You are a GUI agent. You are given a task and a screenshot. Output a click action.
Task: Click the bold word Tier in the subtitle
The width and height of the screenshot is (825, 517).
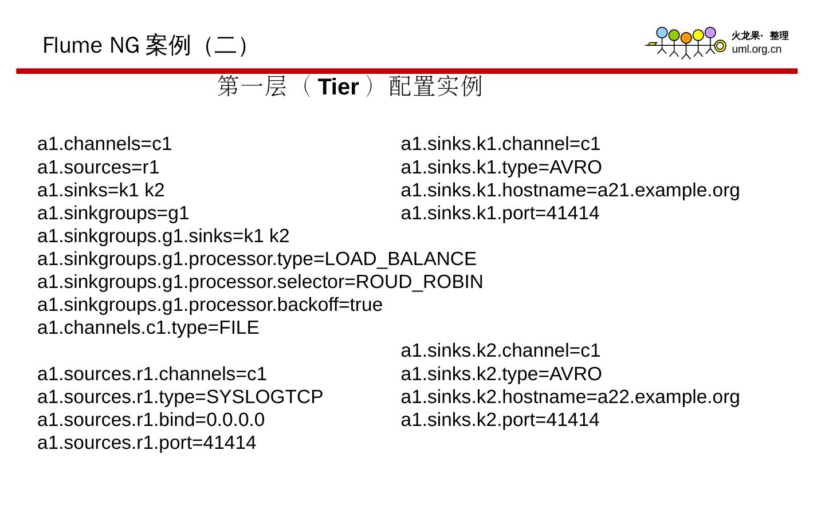(x=338, y=87)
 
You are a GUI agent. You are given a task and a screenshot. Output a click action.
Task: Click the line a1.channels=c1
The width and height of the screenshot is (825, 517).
(x=104, y=144)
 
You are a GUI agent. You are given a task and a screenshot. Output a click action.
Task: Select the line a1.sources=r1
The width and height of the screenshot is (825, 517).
(x=98, y=167)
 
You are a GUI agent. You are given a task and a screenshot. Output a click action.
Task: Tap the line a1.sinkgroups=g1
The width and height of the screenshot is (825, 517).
(x=113, y=213)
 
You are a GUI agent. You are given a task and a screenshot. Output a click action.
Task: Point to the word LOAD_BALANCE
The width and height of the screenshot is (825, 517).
(x=400, y=259)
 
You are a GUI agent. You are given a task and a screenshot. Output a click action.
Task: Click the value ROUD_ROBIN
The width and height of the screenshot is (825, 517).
(x=419, y=282)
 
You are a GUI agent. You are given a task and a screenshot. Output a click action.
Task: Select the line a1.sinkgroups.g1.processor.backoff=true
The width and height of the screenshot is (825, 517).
(x=210, y=305)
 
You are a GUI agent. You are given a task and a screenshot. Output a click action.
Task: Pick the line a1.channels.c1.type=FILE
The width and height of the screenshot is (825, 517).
(x=148, y=327)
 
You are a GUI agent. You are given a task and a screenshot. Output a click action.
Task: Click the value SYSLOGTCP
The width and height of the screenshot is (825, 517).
(x=264, y=397)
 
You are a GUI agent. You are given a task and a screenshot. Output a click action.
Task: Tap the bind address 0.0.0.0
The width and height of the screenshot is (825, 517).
(x=235, y=420)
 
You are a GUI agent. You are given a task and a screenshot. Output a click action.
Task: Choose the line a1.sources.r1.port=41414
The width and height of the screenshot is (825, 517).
(x=147, y=443)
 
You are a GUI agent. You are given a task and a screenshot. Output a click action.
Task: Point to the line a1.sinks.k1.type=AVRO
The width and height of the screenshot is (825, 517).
(x=501, y=167)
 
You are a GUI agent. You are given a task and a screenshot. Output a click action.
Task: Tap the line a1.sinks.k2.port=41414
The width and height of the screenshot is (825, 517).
(x=500, y=420)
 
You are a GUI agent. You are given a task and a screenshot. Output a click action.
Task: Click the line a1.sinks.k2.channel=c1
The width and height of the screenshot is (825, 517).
(x=500, y=350)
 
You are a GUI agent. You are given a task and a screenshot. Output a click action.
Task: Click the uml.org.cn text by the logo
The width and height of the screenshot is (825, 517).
(x=756, y=49)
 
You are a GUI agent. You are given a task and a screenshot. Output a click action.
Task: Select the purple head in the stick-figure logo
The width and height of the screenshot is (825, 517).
(x=710, y=33)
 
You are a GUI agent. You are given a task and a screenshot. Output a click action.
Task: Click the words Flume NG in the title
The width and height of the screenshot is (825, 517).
(x=91, y=45)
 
